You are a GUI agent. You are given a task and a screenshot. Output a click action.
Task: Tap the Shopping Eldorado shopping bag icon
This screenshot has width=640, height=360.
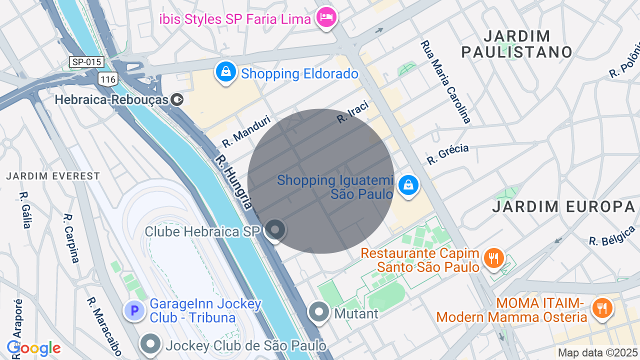pyautogui.click(x=226, y=72)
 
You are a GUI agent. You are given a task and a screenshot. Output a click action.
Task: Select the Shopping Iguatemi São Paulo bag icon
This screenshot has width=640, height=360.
pyautogui.click(x=408, y=185)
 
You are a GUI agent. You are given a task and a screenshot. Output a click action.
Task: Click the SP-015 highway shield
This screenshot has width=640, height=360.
pyautogui.click(x=86, y=62)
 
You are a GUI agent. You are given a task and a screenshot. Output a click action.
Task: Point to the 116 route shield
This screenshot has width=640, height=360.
pyautogui.click(x=108, y=78)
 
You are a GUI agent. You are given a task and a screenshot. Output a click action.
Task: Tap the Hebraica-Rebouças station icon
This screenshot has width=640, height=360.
pyautogui.click(x=177, y=99)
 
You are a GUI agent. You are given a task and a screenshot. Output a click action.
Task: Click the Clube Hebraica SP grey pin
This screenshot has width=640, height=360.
pyautogui.click(x=274, y=230)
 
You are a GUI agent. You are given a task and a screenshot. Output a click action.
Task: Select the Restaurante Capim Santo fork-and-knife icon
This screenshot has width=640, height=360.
pyautogui.click(x=494, y=258)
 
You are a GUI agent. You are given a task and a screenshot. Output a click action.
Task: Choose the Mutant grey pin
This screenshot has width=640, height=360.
pyautogui.click(x=318, y=312)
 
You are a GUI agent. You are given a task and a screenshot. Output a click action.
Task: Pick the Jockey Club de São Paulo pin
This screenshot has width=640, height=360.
pyautogui.click(x=151, y=344)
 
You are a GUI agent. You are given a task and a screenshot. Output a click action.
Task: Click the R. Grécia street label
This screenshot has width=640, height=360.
pyautogui.click(x=447, y=154)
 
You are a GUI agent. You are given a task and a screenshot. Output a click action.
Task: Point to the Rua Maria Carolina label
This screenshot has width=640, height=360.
pyautogui.click(x=445, y=82)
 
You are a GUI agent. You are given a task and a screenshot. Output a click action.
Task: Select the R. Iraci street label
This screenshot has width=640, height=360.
pyautogui.click(x=352, y=112)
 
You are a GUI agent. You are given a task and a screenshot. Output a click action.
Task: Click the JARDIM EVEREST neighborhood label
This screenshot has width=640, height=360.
pyautogui.click(x=53, y=176)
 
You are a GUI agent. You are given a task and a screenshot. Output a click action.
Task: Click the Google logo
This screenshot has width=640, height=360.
pyautogui.click(x=33, y=348)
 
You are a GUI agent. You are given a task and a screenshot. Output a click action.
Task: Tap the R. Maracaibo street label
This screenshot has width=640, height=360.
pyautogui.click(x=104, y=327)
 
